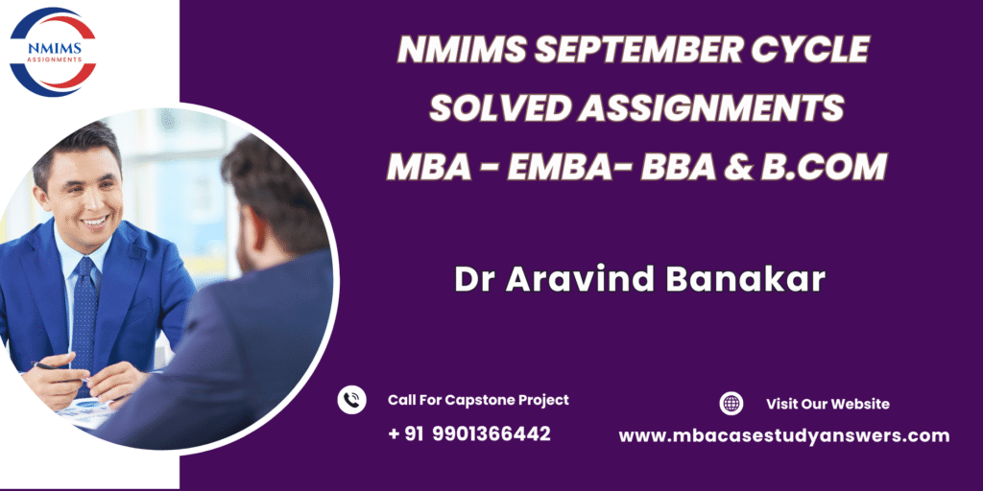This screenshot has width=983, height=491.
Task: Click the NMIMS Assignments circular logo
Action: point(54,52)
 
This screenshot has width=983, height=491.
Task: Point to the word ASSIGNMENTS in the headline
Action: point(710,108)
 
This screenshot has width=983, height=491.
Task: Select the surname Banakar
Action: point(746,280)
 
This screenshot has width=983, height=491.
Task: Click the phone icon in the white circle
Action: point(351,400)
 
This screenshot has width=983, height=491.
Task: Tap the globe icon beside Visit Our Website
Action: point(731,404)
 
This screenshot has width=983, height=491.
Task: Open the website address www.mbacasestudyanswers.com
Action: point(784,436)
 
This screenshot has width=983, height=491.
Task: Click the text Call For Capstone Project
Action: point(478,400)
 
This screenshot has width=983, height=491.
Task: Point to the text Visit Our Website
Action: point(827,404)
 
